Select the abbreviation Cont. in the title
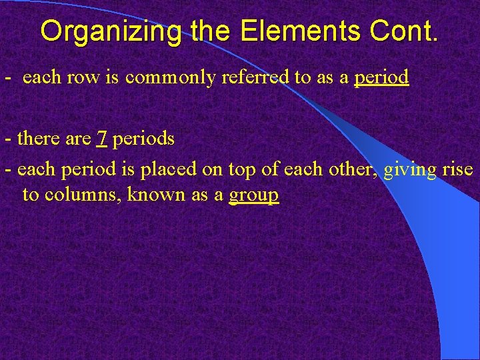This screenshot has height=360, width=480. pyautogui.click(x=404, y=31)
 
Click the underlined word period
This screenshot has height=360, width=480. pyautogui.click(x=381, y=78)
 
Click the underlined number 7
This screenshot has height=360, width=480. pyautogui.click(x=102, y=139)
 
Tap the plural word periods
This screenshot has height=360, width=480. pyautogui.click(x=144, y=139)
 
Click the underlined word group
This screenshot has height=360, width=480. pyautogui.click(x=253, y=196)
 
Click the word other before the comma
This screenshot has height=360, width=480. pyautogui.click(x=354, y=169)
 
